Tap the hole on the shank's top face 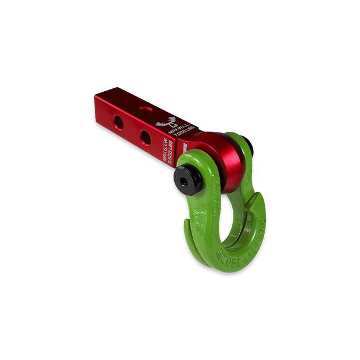[142, 107]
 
